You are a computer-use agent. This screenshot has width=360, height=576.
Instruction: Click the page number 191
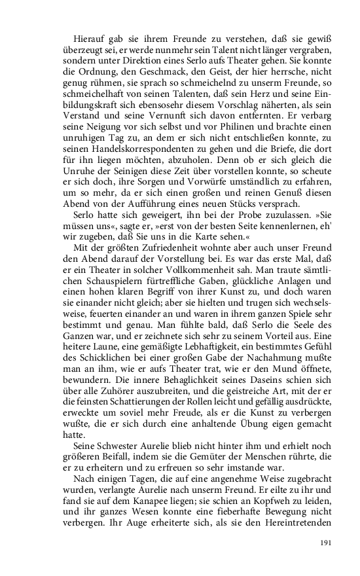327,543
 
